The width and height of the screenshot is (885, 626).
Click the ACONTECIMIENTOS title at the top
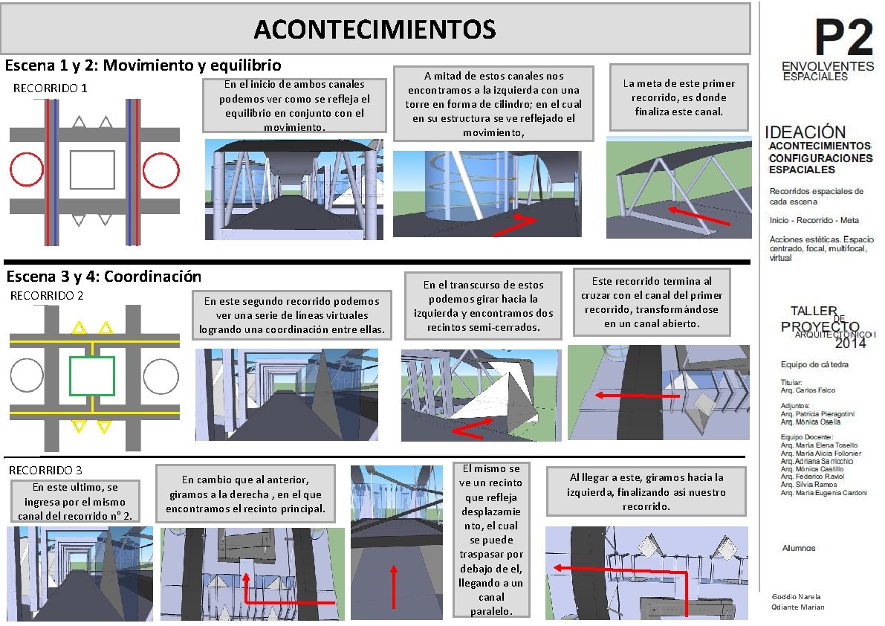375,30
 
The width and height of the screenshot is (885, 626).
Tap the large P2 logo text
843,37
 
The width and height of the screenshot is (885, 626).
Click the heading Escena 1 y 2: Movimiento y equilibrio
143,65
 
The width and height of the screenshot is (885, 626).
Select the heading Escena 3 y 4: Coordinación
104,277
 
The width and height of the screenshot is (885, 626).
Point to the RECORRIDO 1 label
51,88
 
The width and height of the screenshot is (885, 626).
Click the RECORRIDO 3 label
45,470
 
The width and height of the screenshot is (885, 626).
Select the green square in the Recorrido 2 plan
91,376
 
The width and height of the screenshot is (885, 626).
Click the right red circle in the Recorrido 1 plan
161,170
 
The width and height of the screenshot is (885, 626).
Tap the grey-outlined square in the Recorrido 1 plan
92,170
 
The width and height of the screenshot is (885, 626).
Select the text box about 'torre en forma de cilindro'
493,104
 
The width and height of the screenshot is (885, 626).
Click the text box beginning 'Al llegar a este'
646,492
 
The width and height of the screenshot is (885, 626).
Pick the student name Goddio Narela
796,597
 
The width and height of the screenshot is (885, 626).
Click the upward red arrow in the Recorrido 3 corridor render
393,586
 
